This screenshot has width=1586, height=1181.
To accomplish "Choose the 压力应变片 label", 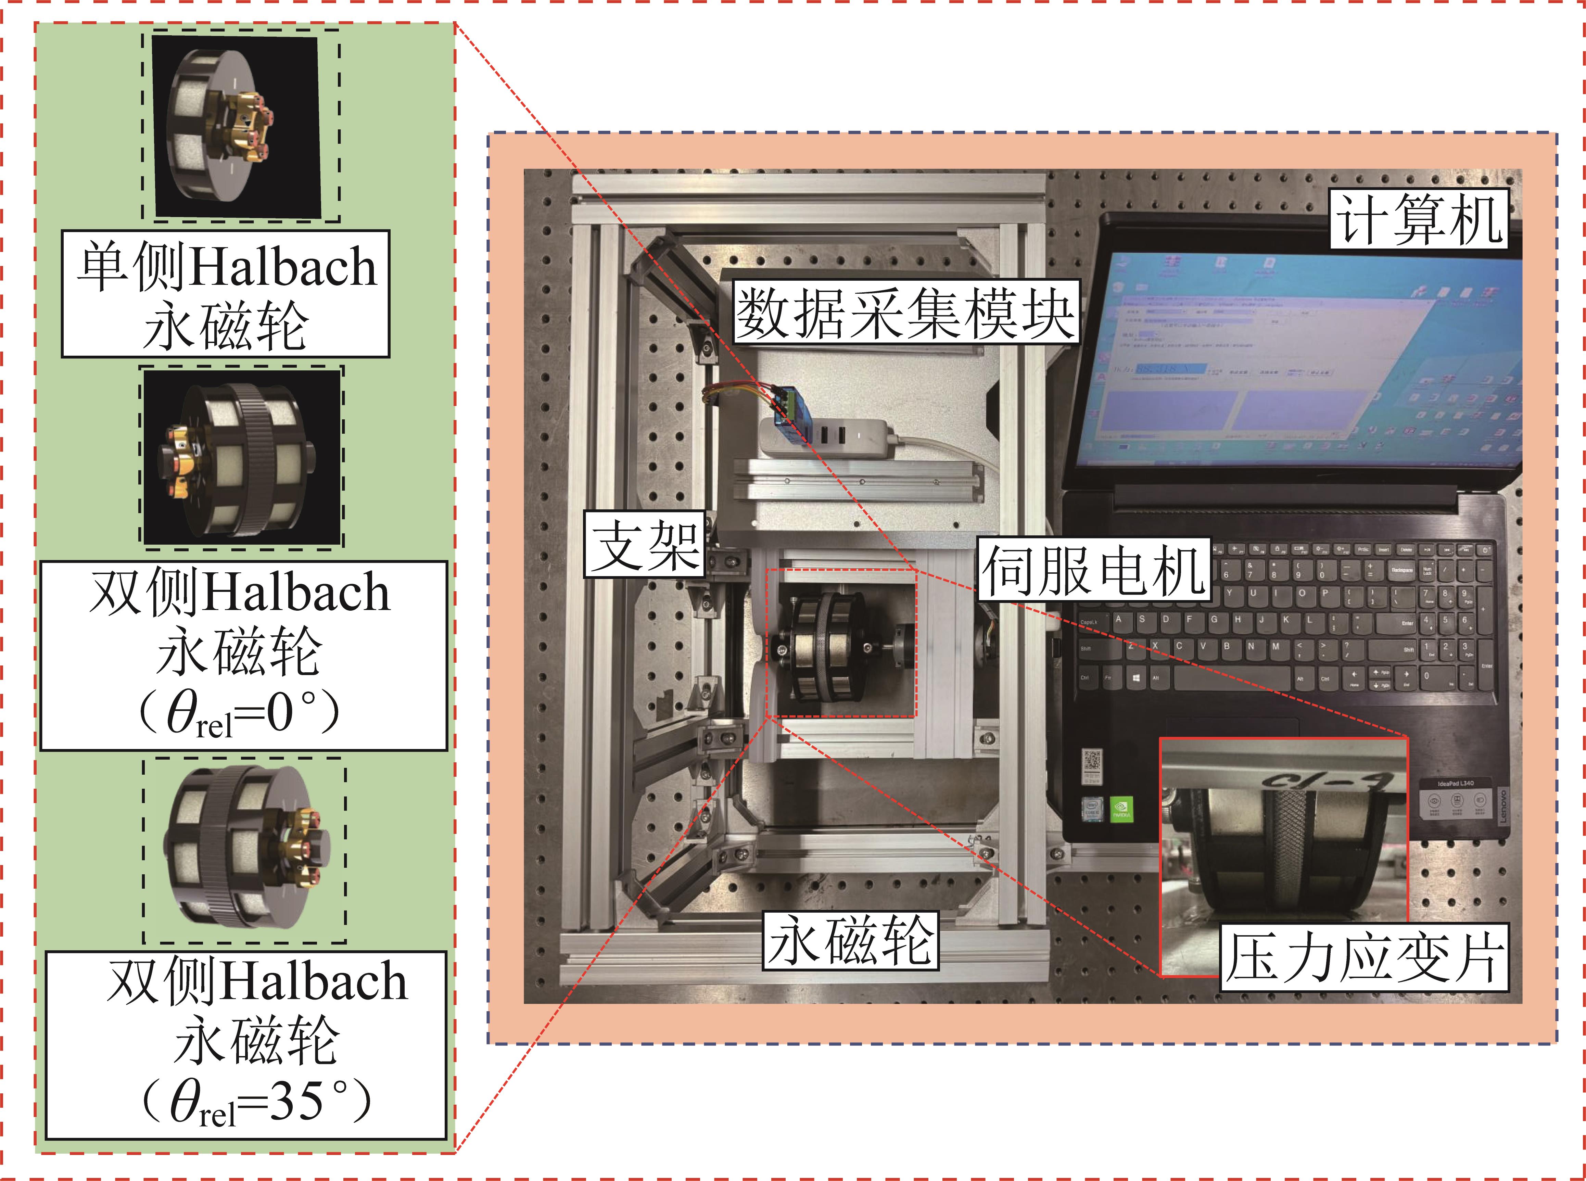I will point(1364,958).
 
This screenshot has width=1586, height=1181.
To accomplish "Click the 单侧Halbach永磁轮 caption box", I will point(225,294).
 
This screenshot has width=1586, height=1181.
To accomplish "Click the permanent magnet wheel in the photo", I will point(822,644).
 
